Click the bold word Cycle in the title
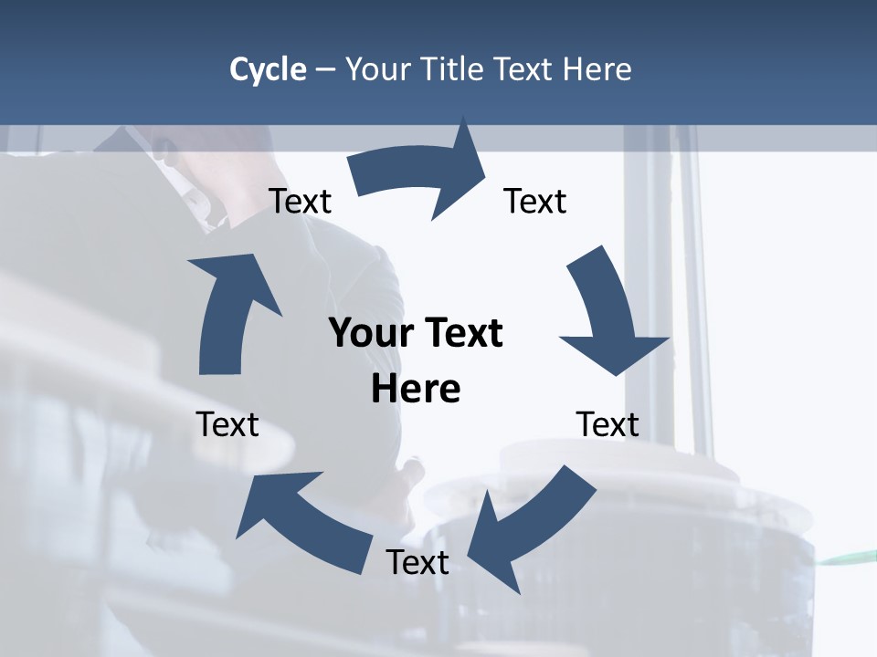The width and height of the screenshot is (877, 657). tap(268, 69)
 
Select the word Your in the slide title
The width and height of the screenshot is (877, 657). tap(376, 69)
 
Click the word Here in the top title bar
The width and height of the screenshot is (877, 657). tap(597, 69)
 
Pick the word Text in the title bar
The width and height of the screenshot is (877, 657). tap(527, 69)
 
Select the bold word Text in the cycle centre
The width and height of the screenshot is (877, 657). tap(460, 333)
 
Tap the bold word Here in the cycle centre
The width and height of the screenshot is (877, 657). tap(416, 389)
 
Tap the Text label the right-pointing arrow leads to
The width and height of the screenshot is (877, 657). tap(535, 201)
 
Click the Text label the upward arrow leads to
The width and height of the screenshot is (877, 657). tap(300, 201)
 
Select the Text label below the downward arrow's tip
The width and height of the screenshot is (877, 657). tap(608, 424)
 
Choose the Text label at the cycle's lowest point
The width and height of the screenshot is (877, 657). tap(417, 562)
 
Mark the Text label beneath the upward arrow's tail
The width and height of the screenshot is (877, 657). tap(227, 424)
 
